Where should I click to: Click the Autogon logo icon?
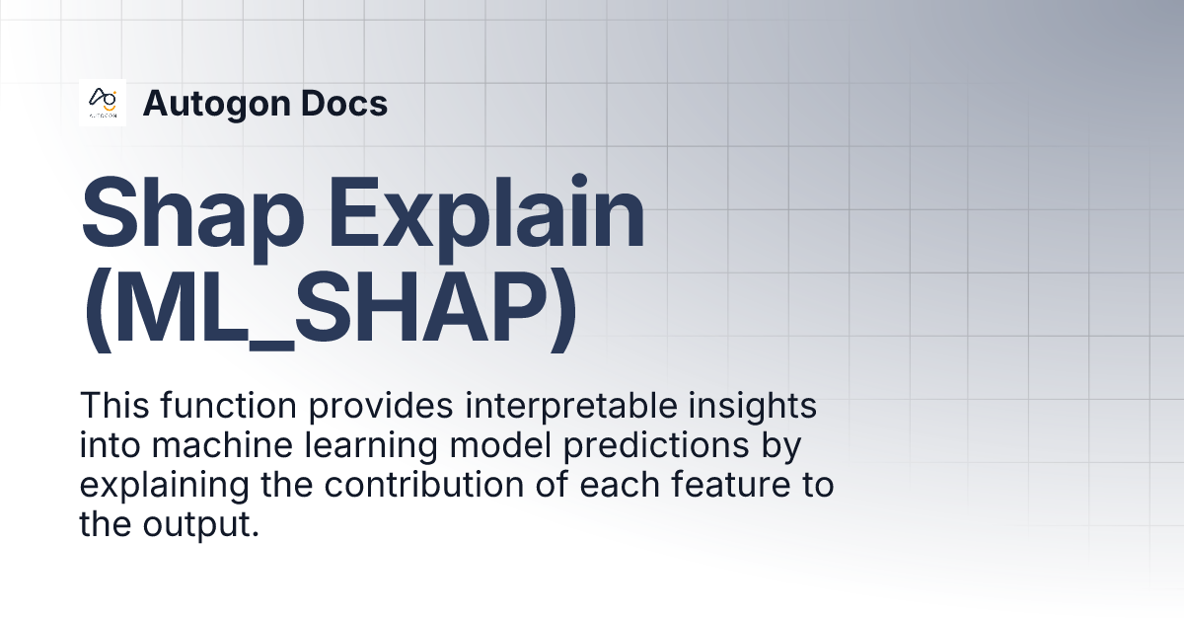pyautogui.click(x=103, y=103)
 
